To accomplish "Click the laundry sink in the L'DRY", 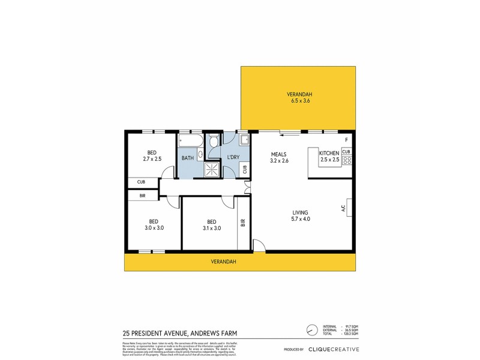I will pyautogui.click(x=244, y=141).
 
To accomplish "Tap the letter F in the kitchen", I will pyautogui.click(x=346, y=140).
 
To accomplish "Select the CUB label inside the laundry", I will pyautogui.click(x=245, y=169).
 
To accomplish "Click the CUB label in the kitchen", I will pyautogui.click(x=346, y=152).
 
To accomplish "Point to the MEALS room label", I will pyautogui.click(x=279, y=153).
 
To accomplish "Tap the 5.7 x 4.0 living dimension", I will pyautogui.click(x=300, y=220).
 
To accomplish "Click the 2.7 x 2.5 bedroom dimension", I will pyautogui.click(x=152, y=159).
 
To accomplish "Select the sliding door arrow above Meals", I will pyautogui.click(x=278, y=135).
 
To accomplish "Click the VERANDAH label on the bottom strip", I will pyautogui.click(x=223, y=262).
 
